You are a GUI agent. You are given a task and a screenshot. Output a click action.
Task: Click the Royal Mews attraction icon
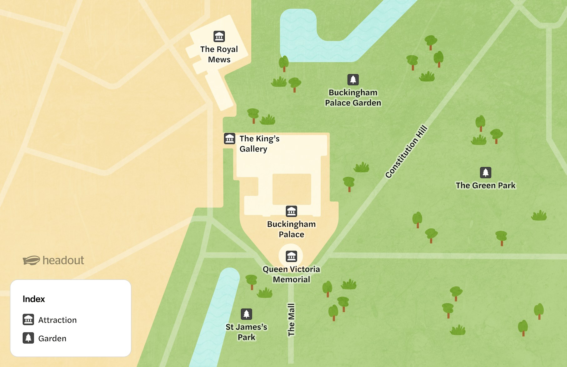[219, 36]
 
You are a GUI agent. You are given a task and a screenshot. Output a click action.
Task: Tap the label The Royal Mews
[219, 54]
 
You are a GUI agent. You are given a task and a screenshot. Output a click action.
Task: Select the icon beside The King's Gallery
[229, 138]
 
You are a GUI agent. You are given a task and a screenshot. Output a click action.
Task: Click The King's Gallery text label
[259, 144]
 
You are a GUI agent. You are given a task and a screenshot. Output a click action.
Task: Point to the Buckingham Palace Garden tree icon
[353, 80]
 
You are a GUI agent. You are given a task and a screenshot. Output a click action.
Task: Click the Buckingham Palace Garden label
[353, 98]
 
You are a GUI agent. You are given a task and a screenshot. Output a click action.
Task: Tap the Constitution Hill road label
[406, 152]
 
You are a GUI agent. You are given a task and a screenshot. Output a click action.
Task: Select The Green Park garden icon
[485, 172]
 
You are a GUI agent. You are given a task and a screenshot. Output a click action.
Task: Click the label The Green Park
[485, 186]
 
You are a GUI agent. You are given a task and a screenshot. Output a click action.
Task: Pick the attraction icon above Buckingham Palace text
[291, 211]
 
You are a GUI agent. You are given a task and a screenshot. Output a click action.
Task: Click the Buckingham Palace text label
[291, 229]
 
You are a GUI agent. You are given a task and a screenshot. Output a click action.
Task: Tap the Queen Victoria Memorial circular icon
[291, 256]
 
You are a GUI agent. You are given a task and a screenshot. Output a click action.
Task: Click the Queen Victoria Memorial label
[291, 274]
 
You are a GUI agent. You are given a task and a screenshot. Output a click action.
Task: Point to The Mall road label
[291, 320]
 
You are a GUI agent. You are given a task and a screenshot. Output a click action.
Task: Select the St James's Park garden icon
[246, 314]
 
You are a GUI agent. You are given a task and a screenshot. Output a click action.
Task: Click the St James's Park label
[246, 332]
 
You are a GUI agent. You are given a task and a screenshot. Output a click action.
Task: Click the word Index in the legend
[34, 299]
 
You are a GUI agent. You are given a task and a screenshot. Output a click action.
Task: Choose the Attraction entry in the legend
[57, 320]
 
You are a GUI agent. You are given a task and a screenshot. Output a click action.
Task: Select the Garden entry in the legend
[52, 339]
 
